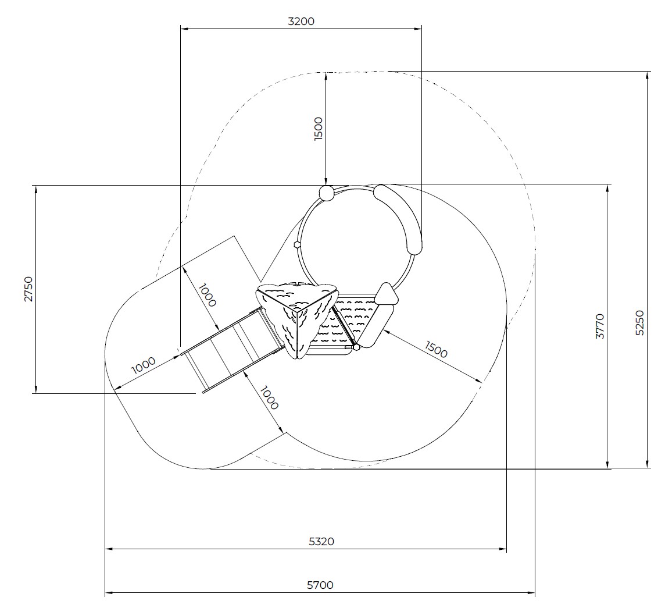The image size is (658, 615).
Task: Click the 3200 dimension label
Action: [x=301, y=22]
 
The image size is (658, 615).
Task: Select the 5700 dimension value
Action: [x=320, y=585]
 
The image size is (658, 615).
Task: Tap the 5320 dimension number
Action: [x=321, y=542]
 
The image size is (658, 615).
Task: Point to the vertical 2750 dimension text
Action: [x=28, y=289]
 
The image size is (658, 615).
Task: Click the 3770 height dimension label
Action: [x=600, y=326]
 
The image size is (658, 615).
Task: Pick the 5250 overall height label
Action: [x=639, y=322]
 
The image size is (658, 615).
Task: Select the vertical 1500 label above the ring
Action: [x=319, y=129]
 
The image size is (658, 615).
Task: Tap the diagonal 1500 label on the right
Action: [x=437, y=349]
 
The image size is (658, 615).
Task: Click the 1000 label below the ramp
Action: [x=269, y=398]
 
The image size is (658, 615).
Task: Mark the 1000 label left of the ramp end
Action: [x=144, y=365]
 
